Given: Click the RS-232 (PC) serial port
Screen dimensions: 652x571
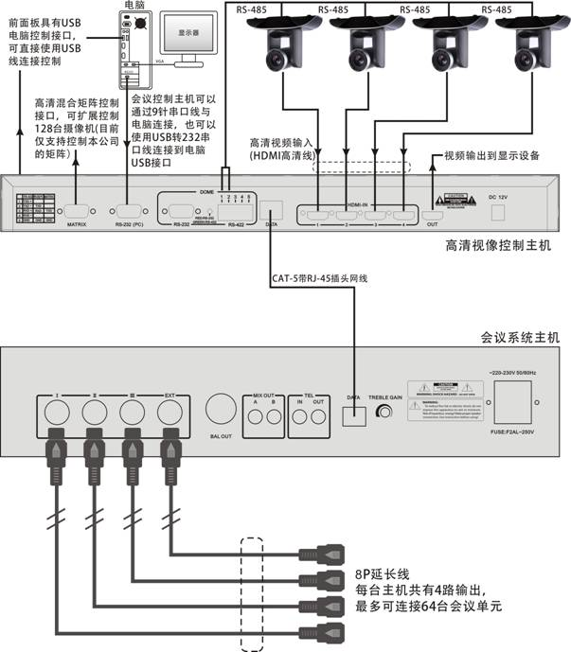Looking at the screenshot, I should [x=126, y=210].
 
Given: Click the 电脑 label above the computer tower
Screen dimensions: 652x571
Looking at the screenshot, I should [x=134, y=7].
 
